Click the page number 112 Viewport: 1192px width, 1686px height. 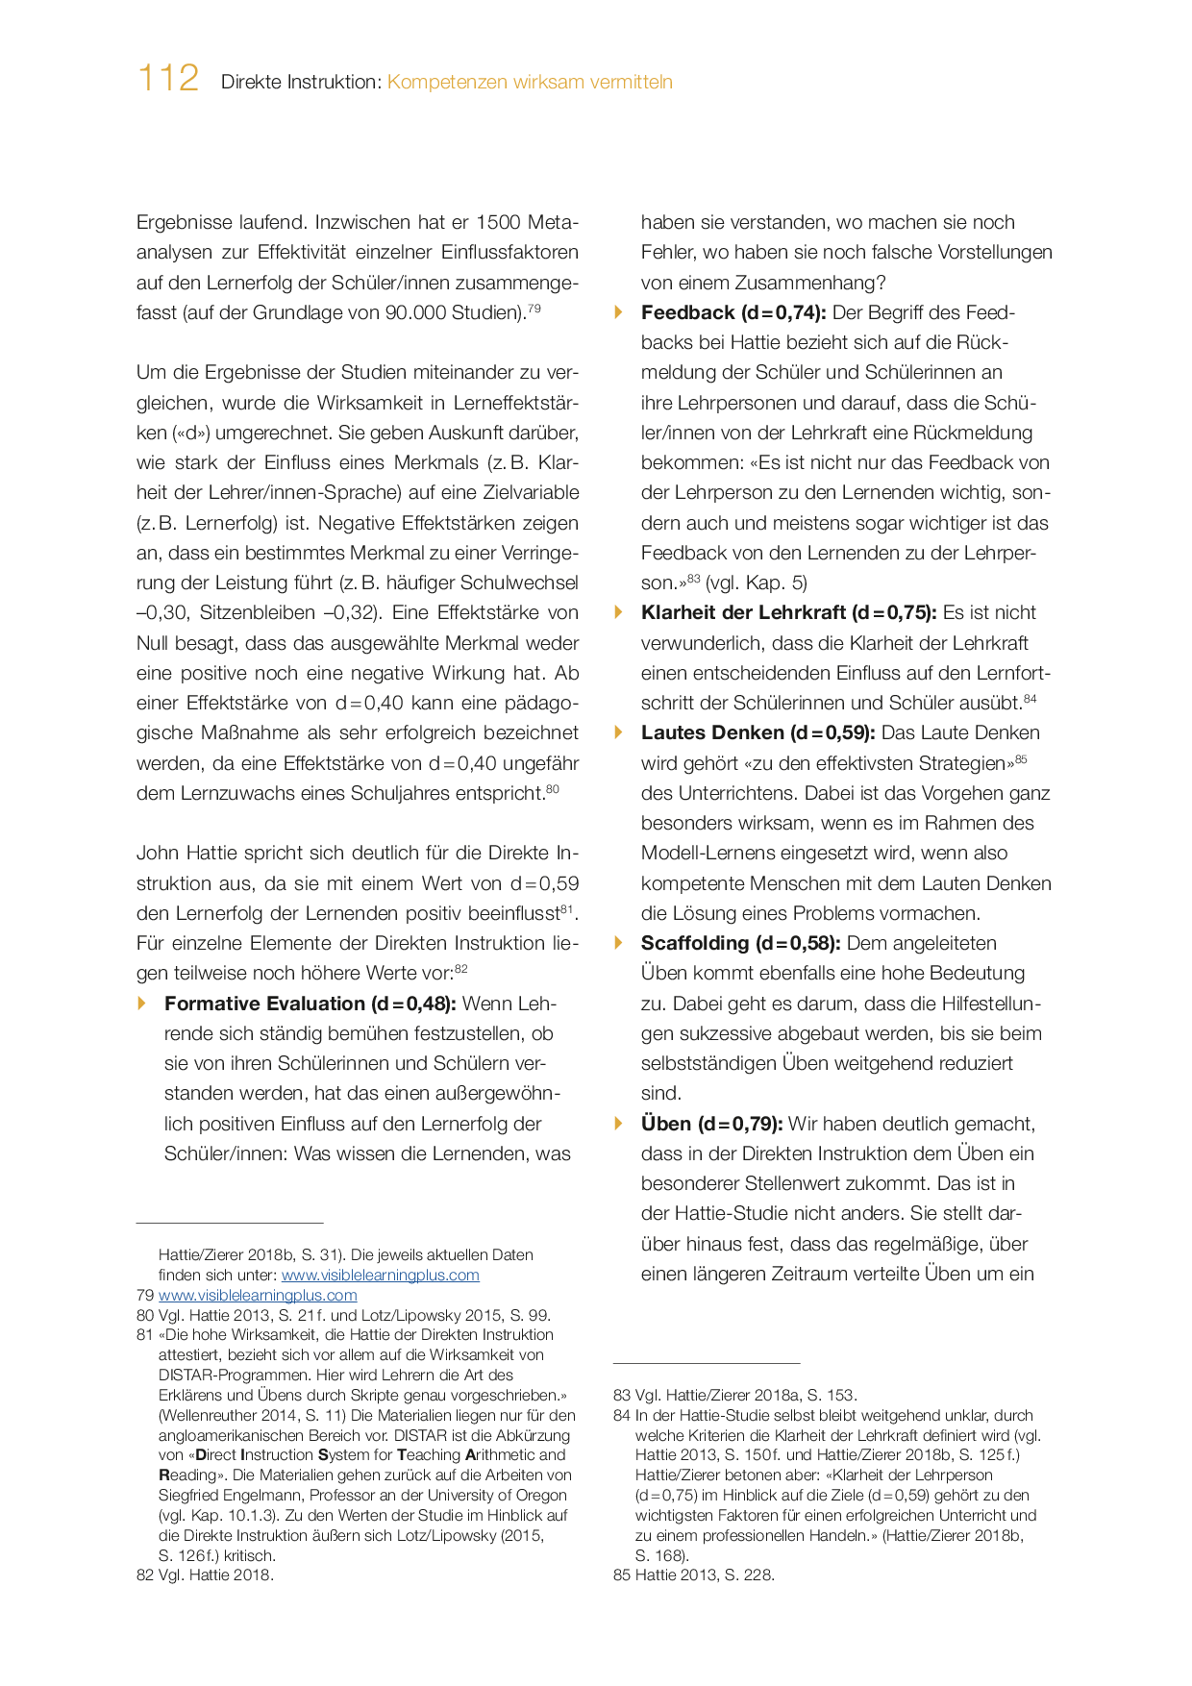tap(168, 78)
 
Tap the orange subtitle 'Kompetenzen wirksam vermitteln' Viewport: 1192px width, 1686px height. tap(530, 83)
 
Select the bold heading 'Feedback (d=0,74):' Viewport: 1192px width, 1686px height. tap(733, 312)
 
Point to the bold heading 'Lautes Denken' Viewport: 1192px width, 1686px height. tap(712, 732)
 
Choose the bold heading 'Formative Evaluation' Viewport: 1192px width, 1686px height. tap(265, 1004)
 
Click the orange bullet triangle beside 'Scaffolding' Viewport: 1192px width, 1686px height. tap(619, 942)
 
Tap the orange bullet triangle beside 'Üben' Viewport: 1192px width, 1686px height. tap(619, 1123)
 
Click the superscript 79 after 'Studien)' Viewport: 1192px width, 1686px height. tap(534, 308)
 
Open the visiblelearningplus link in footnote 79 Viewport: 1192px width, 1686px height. tap(258, 1295)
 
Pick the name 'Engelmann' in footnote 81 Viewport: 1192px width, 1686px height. tap(269, 1495)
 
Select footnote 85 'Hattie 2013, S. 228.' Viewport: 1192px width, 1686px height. tap(705, 1574)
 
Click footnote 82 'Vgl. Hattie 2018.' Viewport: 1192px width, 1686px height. tap(215, 1574)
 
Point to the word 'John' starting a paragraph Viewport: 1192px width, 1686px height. tap(157, 853)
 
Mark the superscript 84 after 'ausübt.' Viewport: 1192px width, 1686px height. tap(1030, 699)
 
